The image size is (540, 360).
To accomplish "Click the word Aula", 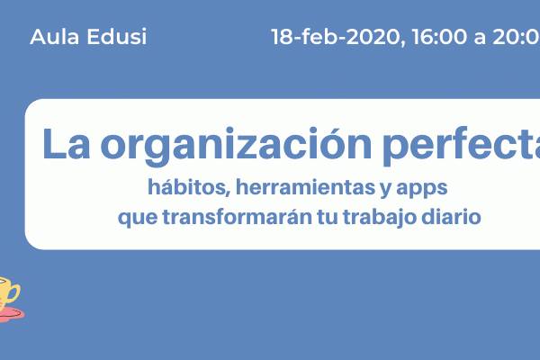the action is click(x=54, y=37).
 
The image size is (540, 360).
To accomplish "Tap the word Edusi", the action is click(x=117, y=37).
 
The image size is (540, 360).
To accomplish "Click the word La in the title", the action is click(x=66, y=144).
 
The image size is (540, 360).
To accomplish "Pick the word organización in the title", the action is click(x=236, y=146).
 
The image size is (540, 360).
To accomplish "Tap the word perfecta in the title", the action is click(x=462, y=145).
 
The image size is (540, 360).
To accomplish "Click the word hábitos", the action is click(x=189, y=187).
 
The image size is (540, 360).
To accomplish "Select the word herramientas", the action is click(x=305, y=187).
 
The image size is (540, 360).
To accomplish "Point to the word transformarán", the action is click(x=238, y=217).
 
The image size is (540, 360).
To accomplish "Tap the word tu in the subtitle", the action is click(x=328, y=218).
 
